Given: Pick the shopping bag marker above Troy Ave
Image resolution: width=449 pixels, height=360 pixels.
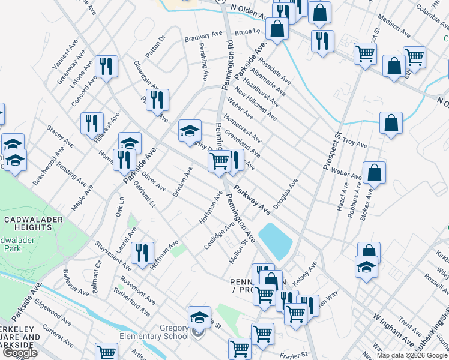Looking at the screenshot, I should click(391, 124).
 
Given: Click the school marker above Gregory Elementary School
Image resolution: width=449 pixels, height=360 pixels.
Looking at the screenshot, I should click(199, 317).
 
